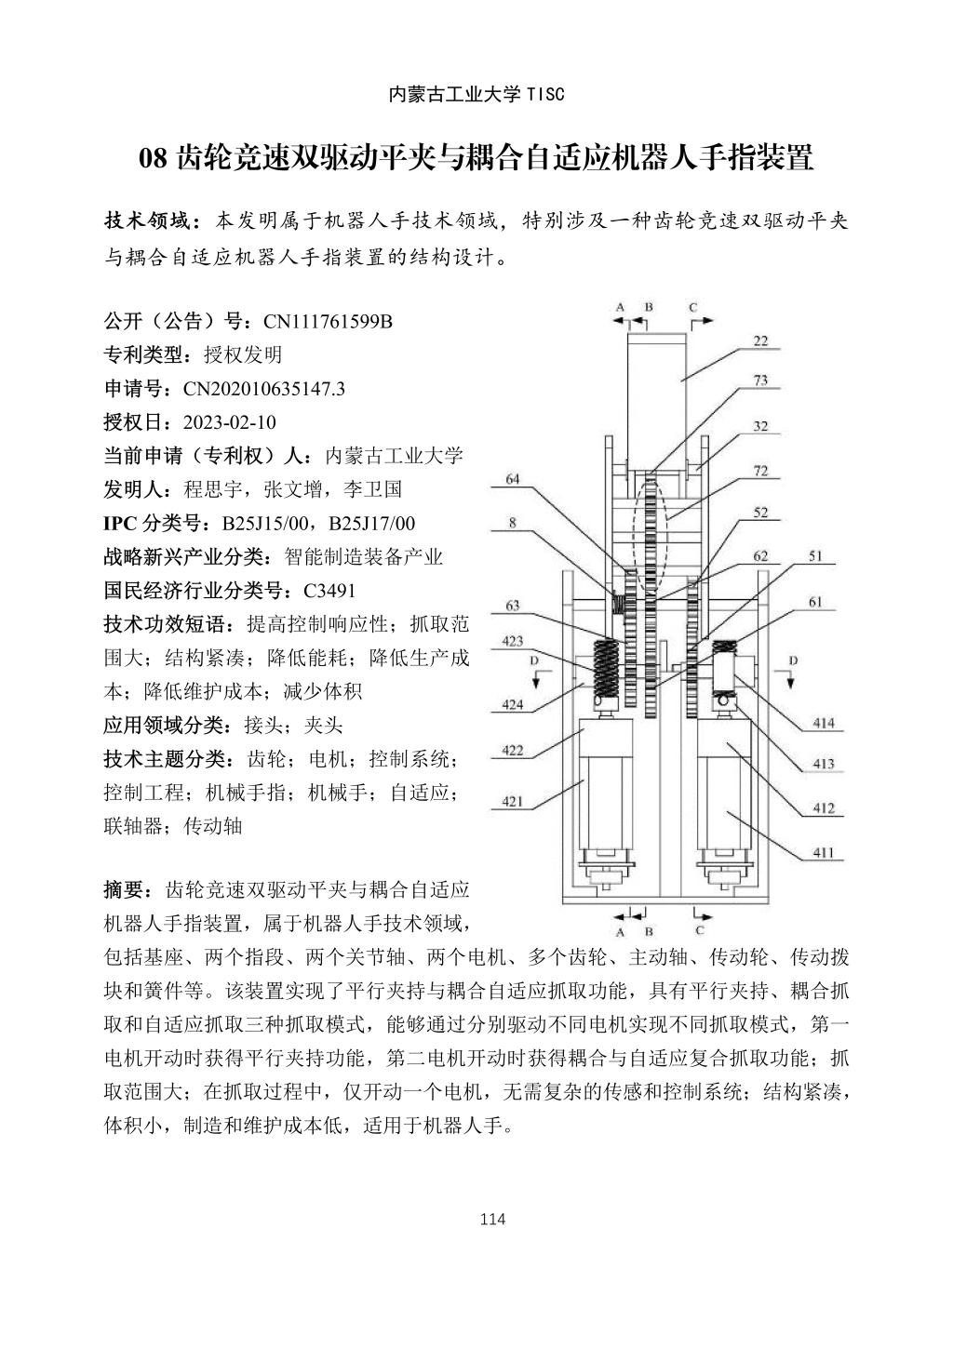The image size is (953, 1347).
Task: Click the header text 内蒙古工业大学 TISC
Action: [476, 94]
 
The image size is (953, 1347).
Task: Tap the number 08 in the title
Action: [152, 158]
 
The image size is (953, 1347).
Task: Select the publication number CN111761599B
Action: [329, 322]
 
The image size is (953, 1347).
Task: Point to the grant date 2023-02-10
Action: [230, 422]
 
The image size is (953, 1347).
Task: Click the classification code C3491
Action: [329, 591]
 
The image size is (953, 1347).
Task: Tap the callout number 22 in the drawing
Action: [760, 340]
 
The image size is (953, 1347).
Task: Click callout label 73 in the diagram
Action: [760, 380]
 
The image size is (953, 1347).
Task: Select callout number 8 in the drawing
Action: [513, 523]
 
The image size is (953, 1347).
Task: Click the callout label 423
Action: [513, 641]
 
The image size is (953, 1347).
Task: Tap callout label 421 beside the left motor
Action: [513, 801]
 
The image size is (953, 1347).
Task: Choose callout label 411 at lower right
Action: [823, 851]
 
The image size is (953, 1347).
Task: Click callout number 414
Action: [823, 723]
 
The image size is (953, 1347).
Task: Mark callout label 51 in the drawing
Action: [814, 556]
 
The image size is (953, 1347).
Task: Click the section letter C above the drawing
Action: [692, 306]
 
